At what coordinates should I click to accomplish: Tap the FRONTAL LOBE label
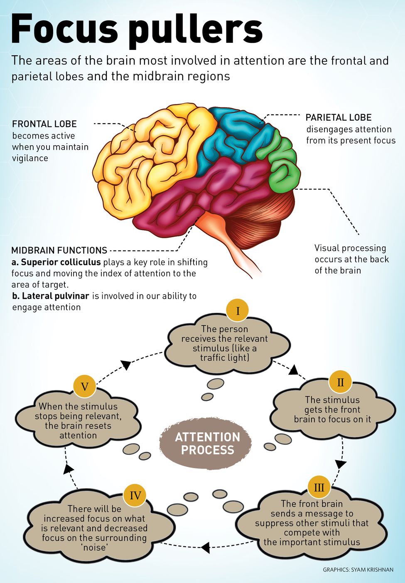pos(44,124)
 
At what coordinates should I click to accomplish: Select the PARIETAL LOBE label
pos(338,118)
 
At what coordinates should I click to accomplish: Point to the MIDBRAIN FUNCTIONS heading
pos(59,251)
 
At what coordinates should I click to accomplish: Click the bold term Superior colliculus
pos(61,262)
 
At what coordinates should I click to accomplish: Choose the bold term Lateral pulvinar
pos(56,296)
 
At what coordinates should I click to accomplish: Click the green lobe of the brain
pos(284,166)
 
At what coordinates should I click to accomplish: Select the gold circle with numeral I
pos(238,311)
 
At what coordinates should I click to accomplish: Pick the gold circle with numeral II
pos(340,382)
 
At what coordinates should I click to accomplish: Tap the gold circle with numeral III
pos(319,487)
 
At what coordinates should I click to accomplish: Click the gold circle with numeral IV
pos(135,496)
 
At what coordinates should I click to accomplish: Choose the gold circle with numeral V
pos(85,387)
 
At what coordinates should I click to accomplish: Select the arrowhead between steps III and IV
pos(205,547)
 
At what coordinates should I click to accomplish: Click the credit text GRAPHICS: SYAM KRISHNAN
pos(358,570)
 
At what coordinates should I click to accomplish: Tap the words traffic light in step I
pos(224,358)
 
